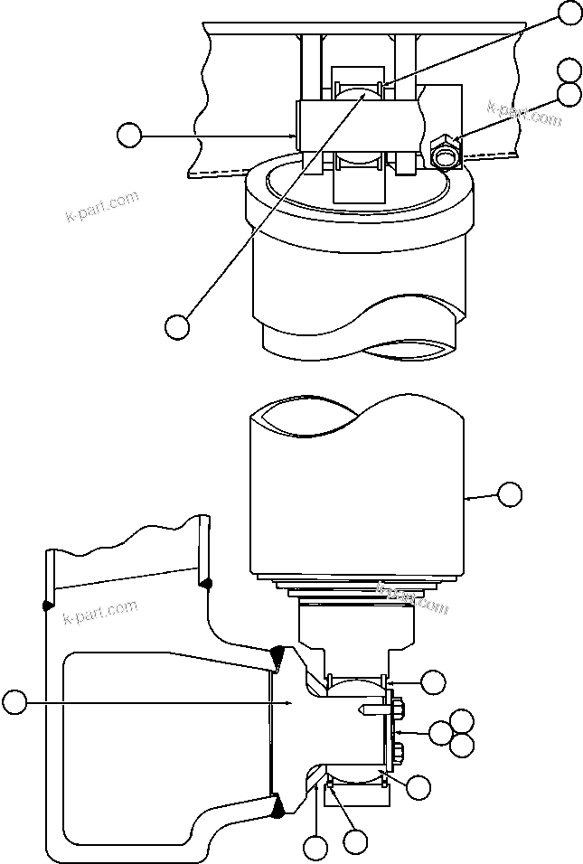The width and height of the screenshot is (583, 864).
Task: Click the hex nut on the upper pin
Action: [x=445, y=153]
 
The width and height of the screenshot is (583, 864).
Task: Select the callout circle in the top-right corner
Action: [x=569, y=12]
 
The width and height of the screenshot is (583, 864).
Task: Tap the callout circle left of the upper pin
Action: [x=129, y=136]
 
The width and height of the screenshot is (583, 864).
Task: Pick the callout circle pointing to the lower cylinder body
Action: [x=510, y=493]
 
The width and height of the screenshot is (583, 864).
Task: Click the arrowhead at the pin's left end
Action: [x=293, y=136]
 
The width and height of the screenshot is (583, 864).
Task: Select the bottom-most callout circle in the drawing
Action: [x=315, y=848]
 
